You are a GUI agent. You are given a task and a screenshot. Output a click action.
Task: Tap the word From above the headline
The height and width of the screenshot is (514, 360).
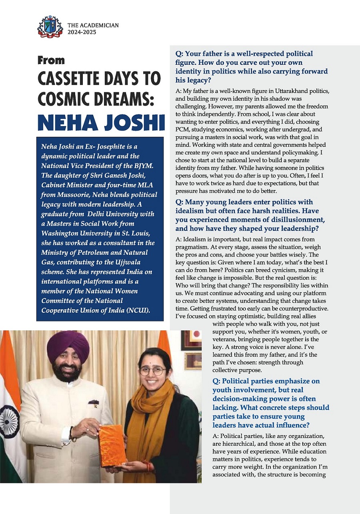click(51, 60)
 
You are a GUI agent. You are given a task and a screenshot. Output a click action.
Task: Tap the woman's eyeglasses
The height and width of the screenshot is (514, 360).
click(153, 370)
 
